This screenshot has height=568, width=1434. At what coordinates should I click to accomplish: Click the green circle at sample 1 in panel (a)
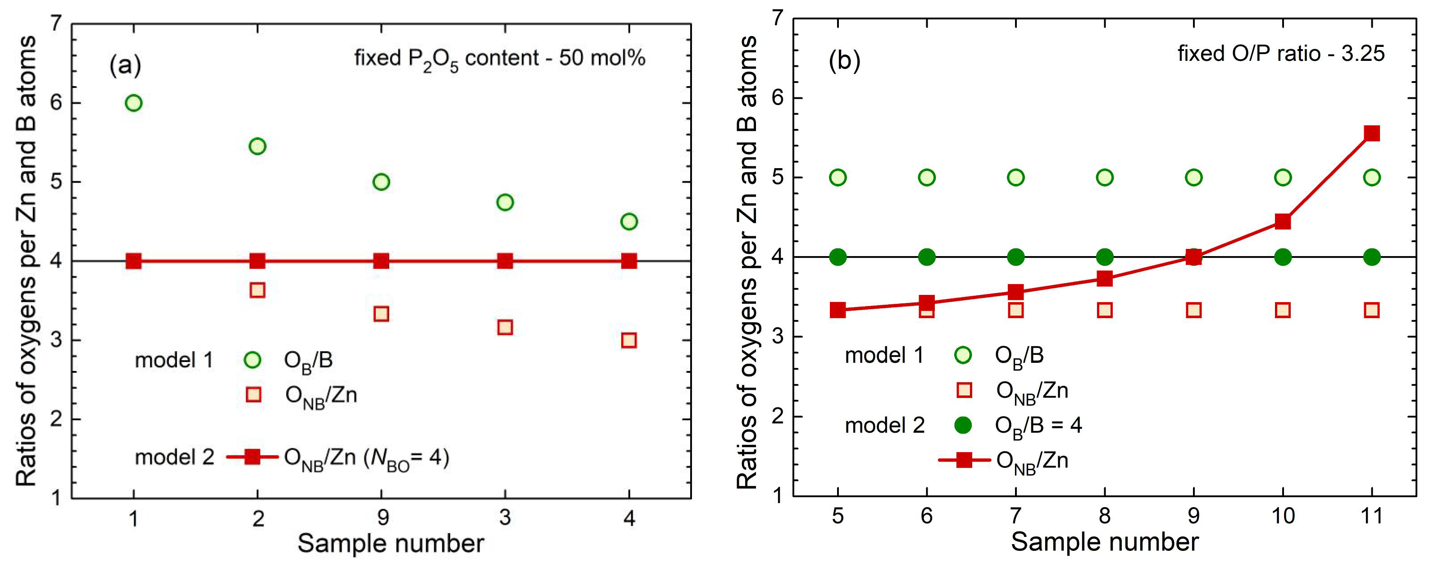(134, 103)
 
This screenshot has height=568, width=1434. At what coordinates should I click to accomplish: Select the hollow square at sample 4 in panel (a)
(628, 340)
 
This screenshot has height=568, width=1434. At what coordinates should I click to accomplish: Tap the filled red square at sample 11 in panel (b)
(1372, 133)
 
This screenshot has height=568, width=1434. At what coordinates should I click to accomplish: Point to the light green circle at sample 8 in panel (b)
(1105, 178)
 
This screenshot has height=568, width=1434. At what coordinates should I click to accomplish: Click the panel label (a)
(125, 65)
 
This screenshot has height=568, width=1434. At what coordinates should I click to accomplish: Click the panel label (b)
(844, 60)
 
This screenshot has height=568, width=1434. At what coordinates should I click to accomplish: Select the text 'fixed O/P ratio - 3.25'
(1280, 54)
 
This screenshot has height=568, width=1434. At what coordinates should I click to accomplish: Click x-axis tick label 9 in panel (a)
(382, 518)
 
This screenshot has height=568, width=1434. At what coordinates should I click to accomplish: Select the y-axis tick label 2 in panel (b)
(778, 416)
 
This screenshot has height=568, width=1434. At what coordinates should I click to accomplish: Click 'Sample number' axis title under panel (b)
(1105, 542)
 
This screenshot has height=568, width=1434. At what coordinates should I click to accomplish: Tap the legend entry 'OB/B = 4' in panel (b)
(1038, 426)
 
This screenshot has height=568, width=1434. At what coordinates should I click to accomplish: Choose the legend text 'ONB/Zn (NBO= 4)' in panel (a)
(366, 458)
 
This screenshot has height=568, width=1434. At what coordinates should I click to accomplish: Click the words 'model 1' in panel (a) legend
(174, 360)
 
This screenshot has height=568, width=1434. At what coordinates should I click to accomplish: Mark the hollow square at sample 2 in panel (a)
(257, 290)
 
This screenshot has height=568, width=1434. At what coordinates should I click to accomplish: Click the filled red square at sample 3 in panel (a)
(505, 261)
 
